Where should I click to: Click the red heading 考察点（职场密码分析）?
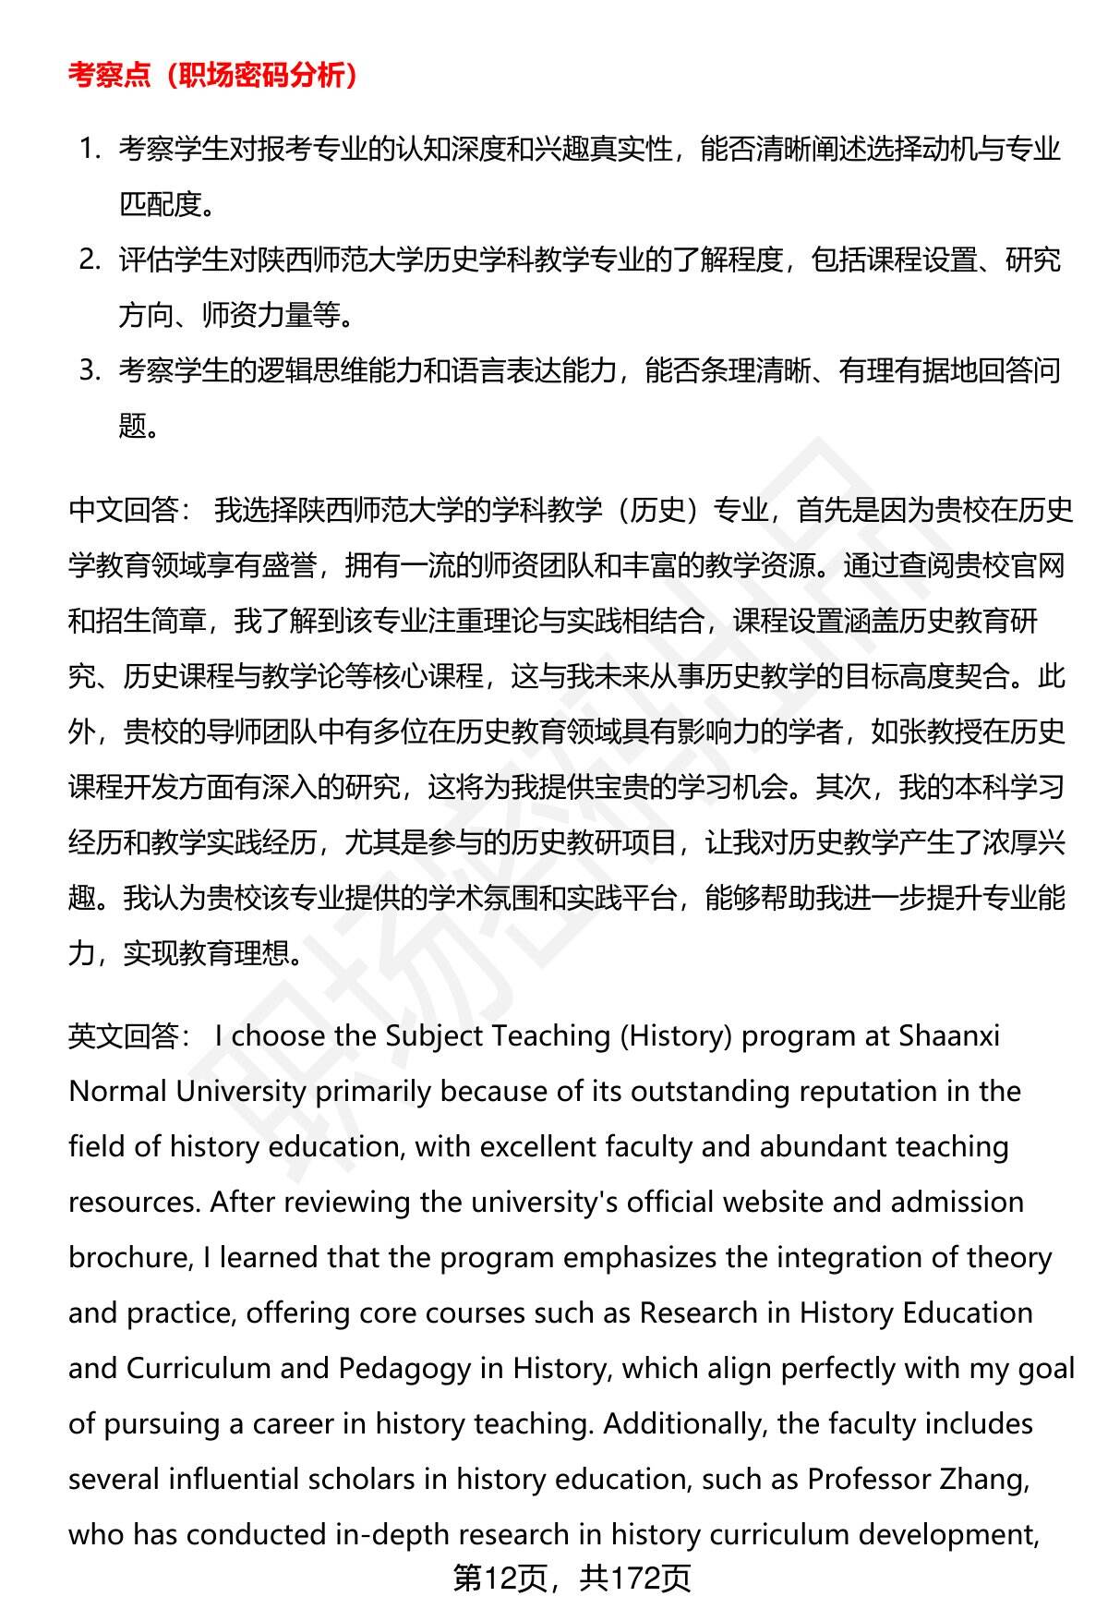pos(213,76)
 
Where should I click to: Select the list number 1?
pos(89,149)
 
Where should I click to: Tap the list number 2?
pos(89,260)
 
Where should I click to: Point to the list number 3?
pos(89,370)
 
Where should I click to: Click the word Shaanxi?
pos(949,1035)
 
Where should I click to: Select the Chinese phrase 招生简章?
pos(151,620)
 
